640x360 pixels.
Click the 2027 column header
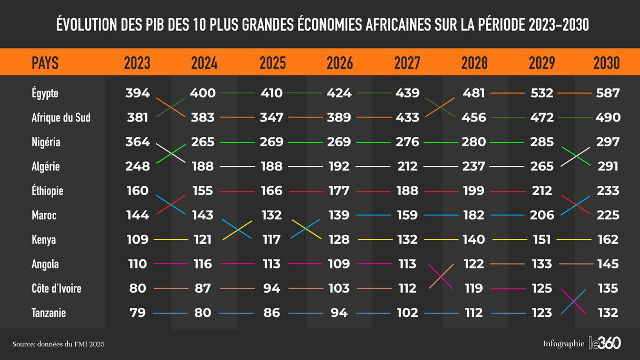[x=407, y=63]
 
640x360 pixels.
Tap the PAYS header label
[x=45, y=63]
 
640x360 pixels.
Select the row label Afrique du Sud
[x=61, y=117]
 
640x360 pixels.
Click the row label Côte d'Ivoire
[x=56, y=288]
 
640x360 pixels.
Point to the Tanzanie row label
[x=48, y=313]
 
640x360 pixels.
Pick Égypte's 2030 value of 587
[x=608, y=93]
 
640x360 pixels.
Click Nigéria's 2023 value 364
[x=137, y=142]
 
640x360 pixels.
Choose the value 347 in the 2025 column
[x=272, y=117]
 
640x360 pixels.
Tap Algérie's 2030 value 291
[x=608, y=166]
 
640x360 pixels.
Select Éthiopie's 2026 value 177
[x=338, y=191]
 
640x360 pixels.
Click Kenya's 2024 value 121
[x=202, y=239]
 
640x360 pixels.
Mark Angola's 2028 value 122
[x=473, y=264]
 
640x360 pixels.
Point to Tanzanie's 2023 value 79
[x=137, y=313]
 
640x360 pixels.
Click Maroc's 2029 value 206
[x=542, y=215]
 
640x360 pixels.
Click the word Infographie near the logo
[x=564, y=344]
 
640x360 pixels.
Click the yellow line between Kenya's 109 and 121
[x=170, y=239]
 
